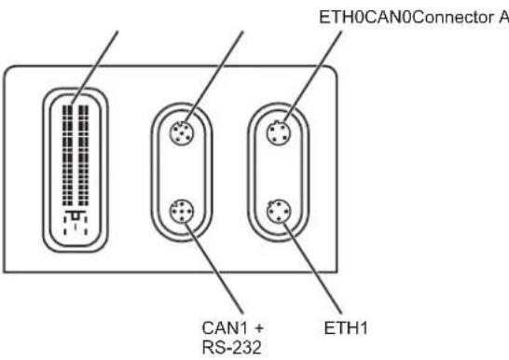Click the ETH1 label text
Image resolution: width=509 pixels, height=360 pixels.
pyautogui.click(x=346, y=328)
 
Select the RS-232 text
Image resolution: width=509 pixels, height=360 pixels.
pyautogui.click(x=231, y=347)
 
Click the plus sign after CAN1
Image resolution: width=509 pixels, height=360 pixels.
pyautogui.click(x=259, y=328)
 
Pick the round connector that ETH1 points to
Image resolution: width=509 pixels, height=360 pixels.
pyautogui.click(x=279, y=212)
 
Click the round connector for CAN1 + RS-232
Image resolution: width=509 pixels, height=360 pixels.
pyautogui.click(x=182, y=212)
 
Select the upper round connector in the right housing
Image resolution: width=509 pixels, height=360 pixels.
pyautogui.click(x=279, y=132)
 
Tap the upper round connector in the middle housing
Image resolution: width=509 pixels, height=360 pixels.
pyautogui.click(x=182, y=132)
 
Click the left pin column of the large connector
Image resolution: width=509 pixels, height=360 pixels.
pyautogui.click(x=67, y=155)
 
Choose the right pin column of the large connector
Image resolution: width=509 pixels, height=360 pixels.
pyautogui.click(x=83, y=155)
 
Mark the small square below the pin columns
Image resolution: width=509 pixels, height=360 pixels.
pyautogui.click(x=76, y=215)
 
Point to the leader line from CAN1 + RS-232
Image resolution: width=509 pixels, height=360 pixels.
pyautogui.click(x=214, y=268)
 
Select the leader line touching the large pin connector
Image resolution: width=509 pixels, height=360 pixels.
pyautogui.click(x=94, y=68)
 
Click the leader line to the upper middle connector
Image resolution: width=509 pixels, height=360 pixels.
pyautogui.click(x=214, y=76)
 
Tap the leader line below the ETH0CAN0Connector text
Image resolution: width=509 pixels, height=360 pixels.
pyautogui.click(x=312, y=76)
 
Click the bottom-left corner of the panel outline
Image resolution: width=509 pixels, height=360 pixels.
pyautogui.click(x=4, y=272)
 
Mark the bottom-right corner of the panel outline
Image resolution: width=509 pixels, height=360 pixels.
pyautogui.click(x=337, y=272)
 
